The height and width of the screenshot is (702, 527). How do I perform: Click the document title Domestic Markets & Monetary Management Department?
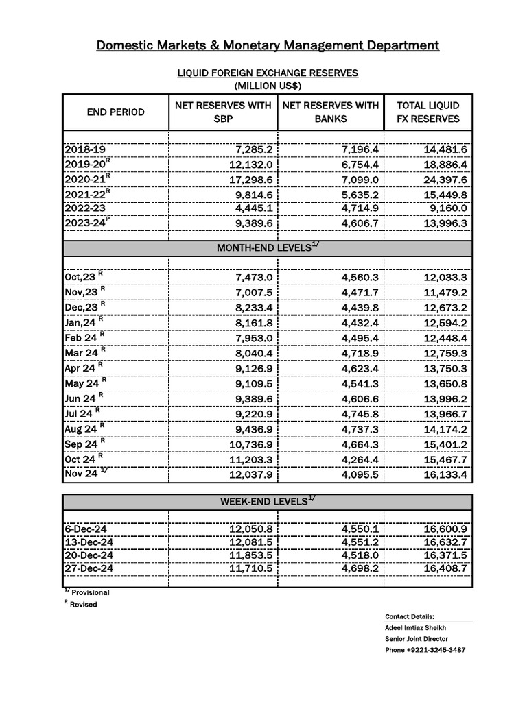[267, 46]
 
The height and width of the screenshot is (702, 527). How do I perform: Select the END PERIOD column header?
[115, 112]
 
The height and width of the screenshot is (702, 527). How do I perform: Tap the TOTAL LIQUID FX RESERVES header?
[428, 112]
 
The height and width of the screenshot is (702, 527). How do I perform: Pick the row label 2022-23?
[85, 208]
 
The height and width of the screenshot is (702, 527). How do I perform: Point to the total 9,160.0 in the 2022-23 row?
[444, 208]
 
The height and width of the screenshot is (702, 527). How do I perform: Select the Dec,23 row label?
[83, 307]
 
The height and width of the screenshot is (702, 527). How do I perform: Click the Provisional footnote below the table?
[90, 592]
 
